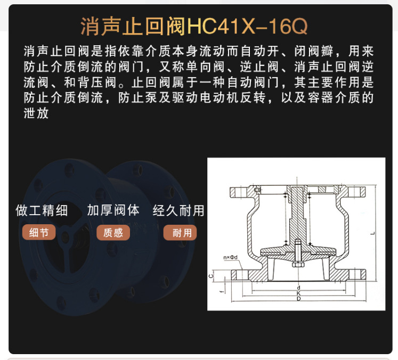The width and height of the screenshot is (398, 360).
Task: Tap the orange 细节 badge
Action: point(39,233)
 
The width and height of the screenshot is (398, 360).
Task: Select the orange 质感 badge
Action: point(113,233)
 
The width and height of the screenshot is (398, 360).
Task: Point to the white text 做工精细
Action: point(42,210)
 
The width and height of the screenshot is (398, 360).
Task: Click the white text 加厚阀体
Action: point(113,210)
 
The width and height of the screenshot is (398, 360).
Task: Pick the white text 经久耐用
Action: point(178,210)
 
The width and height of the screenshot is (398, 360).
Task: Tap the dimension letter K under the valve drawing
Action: point(299,294)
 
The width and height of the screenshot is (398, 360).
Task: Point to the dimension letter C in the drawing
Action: point(212,276)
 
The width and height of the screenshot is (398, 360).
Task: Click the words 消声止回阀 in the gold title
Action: point(132,26)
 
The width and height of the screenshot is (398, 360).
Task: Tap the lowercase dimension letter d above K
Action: point(299,287)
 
